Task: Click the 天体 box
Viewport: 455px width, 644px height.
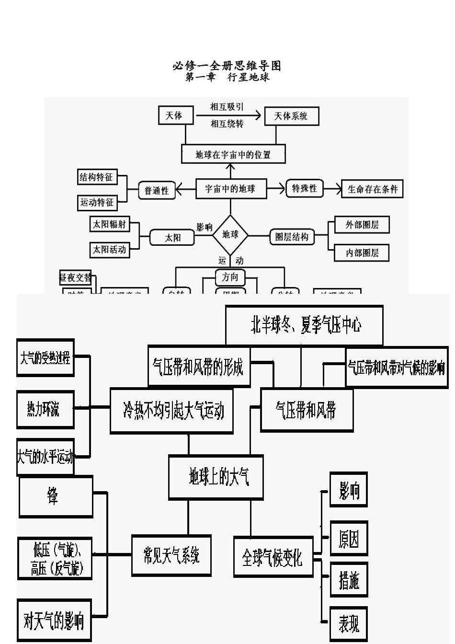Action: [174, 115]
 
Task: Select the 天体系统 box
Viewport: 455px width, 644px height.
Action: [291, 116]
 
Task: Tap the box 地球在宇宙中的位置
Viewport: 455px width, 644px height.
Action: [233, 155]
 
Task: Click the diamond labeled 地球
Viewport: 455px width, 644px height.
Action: [230, 234]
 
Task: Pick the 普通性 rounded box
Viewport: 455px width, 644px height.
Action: [157, 190]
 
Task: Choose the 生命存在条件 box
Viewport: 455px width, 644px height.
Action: [373, 189]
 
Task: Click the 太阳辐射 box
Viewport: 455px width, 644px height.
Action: [110, 224]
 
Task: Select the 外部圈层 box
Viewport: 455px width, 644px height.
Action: [362, 225]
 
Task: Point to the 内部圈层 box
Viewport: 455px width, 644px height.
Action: [362, 253]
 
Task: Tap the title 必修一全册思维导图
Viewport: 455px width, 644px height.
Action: [227, 66]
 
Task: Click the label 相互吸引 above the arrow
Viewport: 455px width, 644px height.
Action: [227, 107]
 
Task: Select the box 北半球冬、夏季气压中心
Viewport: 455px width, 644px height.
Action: [304, 325]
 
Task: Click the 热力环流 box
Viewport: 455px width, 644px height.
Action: [45, 409]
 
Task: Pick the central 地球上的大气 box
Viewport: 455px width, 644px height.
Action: [216, 477]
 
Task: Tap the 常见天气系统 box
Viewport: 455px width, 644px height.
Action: [171, 555]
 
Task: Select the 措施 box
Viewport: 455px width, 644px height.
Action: [349, 581]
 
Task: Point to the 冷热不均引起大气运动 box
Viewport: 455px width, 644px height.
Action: [171, 411]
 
